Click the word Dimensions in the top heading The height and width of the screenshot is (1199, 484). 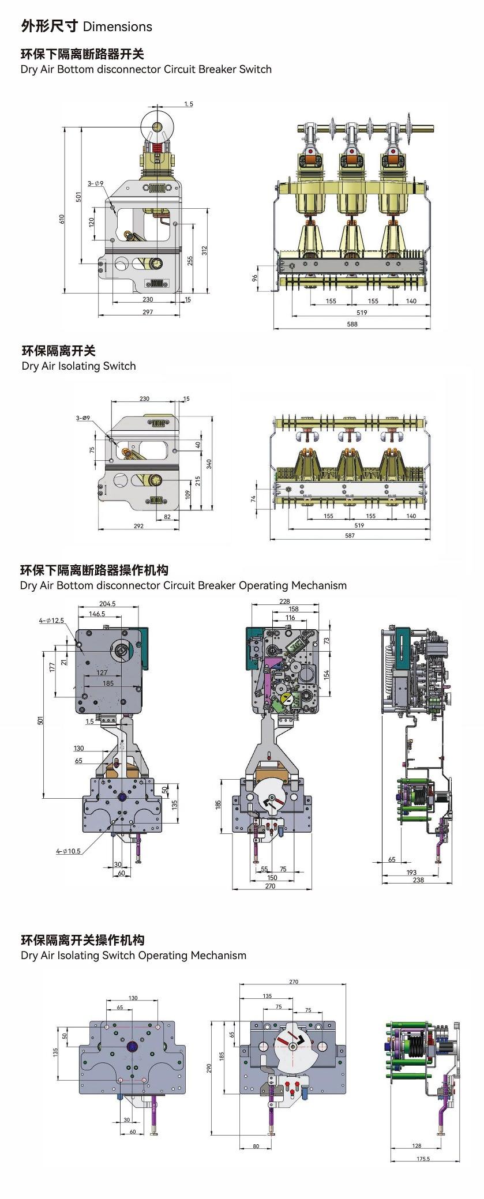[118, 27]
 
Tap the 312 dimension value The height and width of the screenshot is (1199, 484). [204, 250]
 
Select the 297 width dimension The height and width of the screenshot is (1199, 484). [148, 312]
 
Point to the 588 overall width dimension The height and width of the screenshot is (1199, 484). [352, 324]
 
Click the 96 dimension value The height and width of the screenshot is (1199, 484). [254, 278]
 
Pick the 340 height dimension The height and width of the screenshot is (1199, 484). [209, 463]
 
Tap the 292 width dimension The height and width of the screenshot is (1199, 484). [138, 526]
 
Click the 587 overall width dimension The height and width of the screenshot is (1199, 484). [350, 535]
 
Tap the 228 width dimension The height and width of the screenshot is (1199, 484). [284, 601]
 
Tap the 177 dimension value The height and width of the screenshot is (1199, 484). [52, 667]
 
